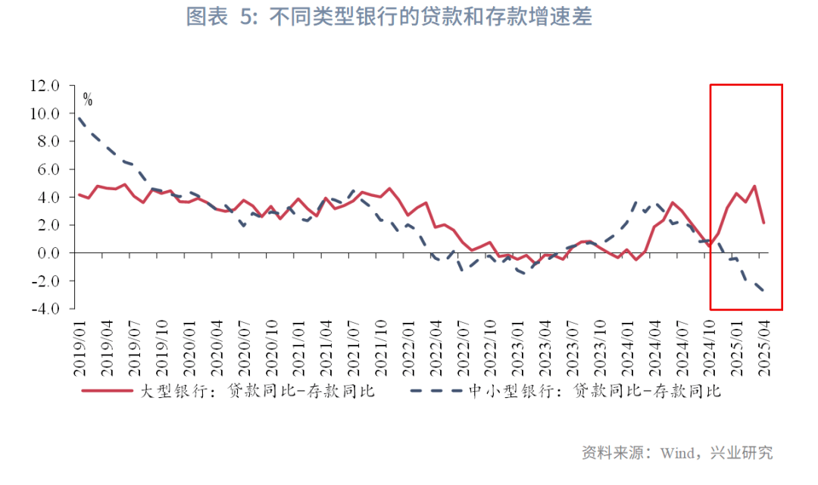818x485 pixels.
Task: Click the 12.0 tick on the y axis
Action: coord(44,86)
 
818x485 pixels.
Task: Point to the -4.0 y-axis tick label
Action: coord(44,308)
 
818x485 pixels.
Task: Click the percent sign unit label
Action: coord(87,100)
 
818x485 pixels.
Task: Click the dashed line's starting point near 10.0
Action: coord(79,116)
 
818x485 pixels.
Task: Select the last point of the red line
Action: coord(763,223)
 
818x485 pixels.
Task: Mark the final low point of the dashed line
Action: coord(763,291)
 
